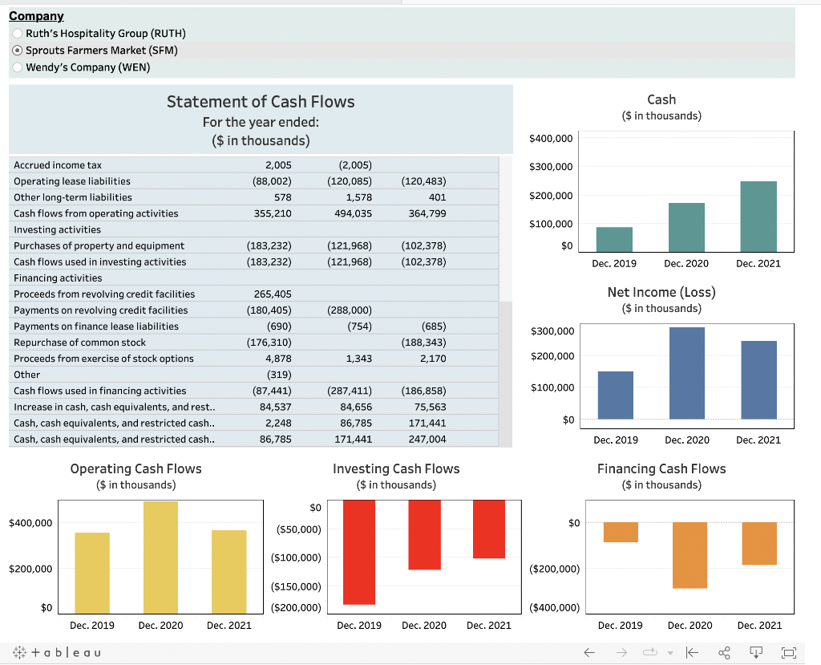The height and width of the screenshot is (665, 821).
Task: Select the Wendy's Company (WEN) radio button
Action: (18, 67)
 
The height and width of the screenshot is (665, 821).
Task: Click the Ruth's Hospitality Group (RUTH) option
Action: (18, 33)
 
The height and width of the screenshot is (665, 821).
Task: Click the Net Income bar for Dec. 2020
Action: (687, 373)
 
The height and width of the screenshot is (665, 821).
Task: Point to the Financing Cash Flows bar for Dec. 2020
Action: (690, 555)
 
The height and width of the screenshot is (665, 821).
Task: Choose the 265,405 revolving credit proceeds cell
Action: (273, 294)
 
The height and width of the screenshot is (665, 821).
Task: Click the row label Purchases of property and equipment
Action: (99, 245)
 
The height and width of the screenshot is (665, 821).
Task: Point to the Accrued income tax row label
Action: (58, 164)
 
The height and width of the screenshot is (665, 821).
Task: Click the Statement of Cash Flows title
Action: (261, 102)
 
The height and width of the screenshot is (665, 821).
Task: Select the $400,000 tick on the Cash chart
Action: (551, 139)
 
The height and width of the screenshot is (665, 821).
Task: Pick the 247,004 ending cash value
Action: (427, 440)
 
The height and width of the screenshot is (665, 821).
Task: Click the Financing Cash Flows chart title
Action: (661, 468)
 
